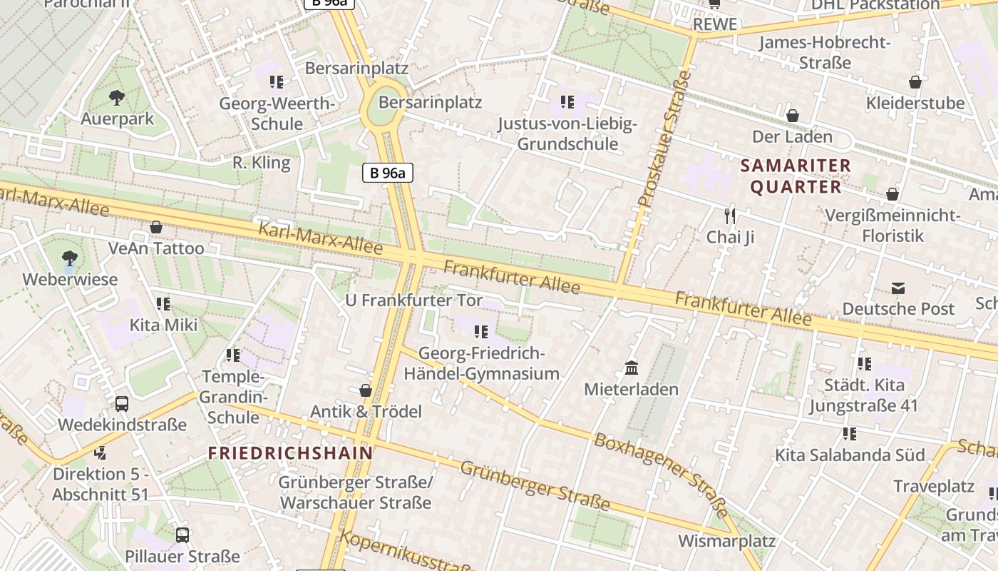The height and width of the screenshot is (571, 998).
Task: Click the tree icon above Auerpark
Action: pos(117,97)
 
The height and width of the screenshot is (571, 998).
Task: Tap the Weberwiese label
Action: pos(70,279)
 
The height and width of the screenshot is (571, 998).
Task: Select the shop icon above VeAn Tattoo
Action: pos(156,227)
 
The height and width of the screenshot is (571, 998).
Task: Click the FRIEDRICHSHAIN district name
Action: pos(291,453)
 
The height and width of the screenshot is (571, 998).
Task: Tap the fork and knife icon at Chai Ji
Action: pos(729,216)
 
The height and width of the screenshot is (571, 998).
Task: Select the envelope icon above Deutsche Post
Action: pos(898,288)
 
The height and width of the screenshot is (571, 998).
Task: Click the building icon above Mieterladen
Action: pos(632,368)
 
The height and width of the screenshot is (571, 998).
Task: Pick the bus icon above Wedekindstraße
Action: pos(122,404)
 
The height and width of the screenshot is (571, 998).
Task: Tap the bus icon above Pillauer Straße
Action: pos(182,535)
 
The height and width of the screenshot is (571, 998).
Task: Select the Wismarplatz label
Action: pos(726,540)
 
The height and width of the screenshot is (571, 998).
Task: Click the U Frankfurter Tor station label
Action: pos(413,300)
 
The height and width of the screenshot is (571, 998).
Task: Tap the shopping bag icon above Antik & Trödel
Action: pos(366,390)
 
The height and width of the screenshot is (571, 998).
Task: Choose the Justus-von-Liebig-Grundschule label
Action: pos(567,133)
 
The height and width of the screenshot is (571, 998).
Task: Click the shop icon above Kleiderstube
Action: pos(915,82)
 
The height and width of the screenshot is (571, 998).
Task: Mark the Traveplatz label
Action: pos(934,487)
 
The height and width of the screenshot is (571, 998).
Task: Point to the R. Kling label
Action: pos(262,163)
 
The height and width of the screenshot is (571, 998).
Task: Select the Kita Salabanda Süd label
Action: pos(850,455)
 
